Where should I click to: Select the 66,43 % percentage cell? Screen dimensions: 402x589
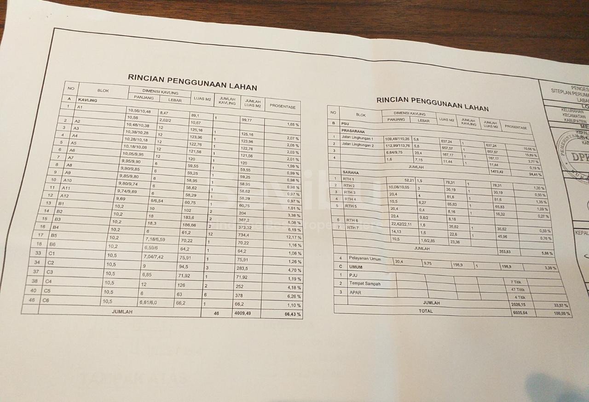pos(292,315)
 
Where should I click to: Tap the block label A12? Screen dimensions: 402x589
pos(64,196)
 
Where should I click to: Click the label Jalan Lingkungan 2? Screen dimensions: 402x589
pos(358,146)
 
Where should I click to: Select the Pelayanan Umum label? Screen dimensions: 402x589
pos(365,259)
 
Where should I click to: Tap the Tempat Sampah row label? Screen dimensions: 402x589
pos(364,284)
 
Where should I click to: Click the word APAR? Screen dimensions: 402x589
pos(355,292)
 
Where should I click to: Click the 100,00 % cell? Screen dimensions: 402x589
pos(561,313)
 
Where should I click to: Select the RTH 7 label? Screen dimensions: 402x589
pos(352,228)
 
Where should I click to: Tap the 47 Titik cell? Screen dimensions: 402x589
pos(517,290)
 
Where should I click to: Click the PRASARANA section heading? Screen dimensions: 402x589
pos(353,131)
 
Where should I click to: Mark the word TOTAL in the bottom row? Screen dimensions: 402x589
pos(425,311)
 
